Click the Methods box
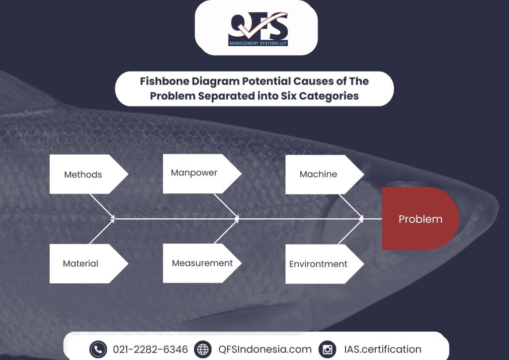(x=88, y=175)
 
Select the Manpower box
(x=202, y=174)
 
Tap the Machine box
(x=325, y=175)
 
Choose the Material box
(x=88, y=264)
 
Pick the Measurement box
(x=202, y=263)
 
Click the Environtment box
(x=325, y=264)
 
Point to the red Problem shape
(x=421, y=218)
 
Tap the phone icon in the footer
(x=98, y=349)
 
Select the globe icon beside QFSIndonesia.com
(x=203, y=349)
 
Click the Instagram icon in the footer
(x=327, y=349)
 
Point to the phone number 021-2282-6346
(x=150, y=349)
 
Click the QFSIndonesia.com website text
(x=265, y=349)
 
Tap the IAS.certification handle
(x=383, y=349)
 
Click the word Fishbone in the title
(x=164, y=81)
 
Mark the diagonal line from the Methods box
(x=102, y=207)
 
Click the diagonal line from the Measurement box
(x=226, y=231)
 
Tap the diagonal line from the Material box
(x=102, y=231)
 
